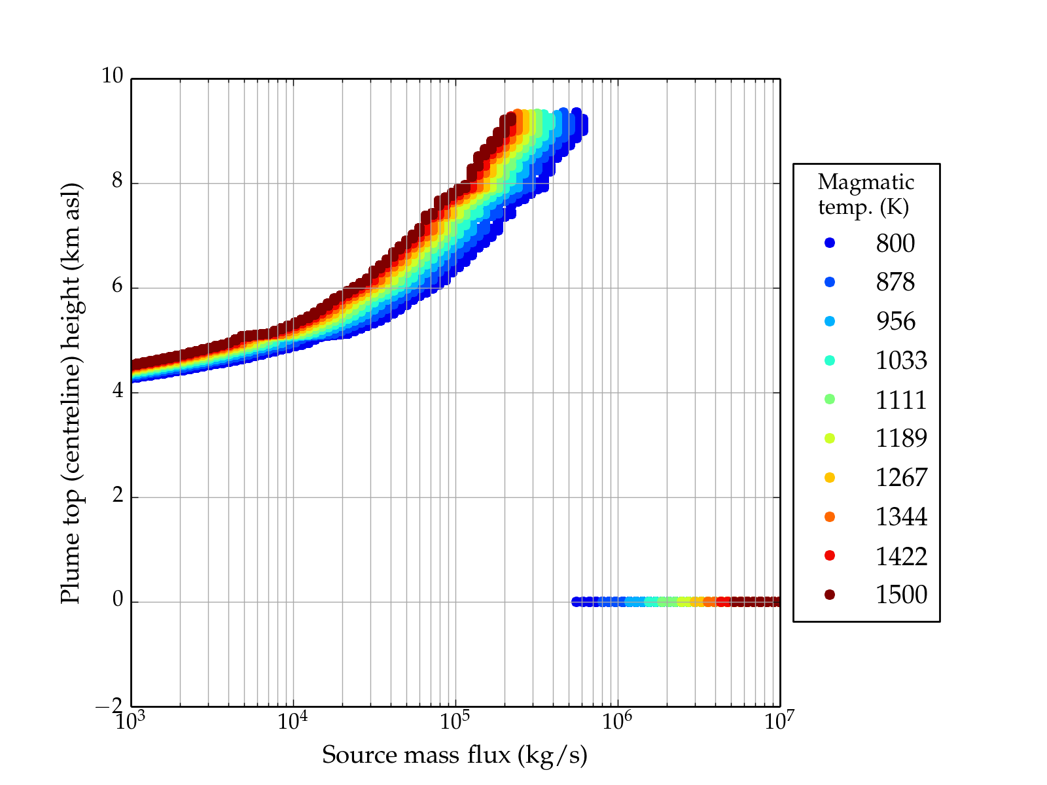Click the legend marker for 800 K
coord(830,243)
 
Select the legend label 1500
coord(901,595)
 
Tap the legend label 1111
coord(901,400)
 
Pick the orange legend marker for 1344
coord(830,517)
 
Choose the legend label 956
coord(895,321)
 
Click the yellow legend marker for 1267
coord(830,478)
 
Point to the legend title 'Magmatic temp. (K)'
coord(866,194)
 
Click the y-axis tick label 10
coord(112,77)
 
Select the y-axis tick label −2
coord(109,706)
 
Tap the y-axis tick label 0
coord(117,600)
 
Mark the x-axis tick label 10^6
coord(616,721)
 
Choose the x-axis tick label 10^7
coord(779,721)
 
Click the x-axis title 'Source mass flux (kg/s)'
coord(455,755)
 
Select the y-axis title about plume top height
coord(70,392)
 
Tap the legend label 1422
coord(901,556)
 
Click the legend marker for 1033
coord(830,360)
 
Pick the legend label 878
coord(895,282)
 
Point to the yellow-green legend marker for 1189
coord(830,438)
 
